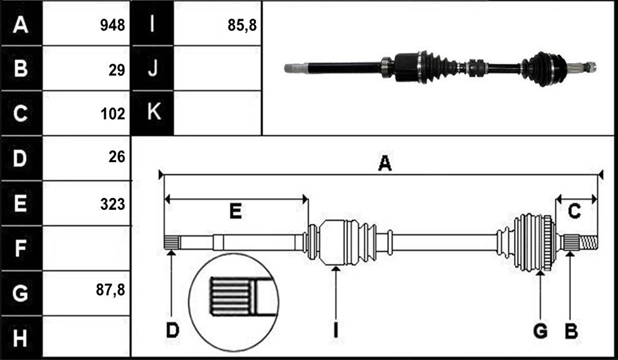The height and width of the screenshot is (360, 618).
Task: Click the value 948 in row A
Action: pyautogui.click(x=112, y=25)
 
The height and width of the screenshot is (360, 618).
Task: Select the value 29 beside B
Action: pyautogui.click(x=117, y=70)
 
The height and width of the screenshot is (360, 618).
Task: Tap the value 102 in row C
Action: pyautogui.click(x=113, y=114)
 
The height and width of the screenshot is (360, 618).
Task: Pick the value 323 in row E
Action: pyautogui.click(x=112, y=204)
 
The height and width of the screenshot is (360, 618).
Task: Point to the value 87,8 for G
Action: pyautogui.click(x=110, y=290)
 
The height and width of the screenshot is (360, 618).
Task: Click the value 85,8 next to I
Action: pyautogui.click(x=242, y=26)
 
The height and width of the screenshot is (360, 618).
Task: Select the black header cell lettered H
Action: pyautogui.click(x=21, y=337)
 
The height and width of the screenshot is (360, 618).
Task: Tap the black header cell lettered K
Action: pyautogui.click(x=152, y=113)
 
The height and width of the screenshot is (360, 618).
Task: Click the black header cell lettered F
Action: pyautogui.click(x=21, y=248)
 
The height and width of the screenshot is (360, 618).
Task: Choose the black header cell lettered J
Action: pyautogui.click(x=152, y=68)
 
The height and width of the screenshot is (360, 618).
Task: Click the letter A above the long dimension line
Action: pyautogui.click(x=385, y=163)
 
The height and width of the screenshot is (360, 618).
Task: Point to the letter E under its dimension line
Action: pyautogui.click(x=235, y=211)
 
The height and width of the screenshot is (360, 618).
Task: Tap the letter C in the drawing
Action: pyautogui.click(x=574, y=211)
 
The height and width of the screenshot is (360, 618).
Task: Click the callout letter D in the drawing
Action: pyautogui.click(x=172, y=330)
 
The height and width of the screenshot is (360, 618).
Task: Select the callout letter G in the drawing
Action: pyautogui.click(x=540, y=331)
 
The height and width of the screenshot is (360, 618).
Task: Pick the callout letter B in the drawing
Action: pyautogui.click(x=571, y=331)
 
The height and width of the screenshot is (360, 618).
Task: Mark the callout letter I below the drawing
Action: pyautogui.click(x=335, y=330)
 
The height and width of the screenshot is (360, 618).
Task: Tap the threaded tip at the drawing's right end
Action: pyautogui.click(x=588, y=242)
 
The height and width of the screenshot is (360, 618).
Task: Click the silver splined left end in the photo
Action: pyautogui.click(x=296, y=68)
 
